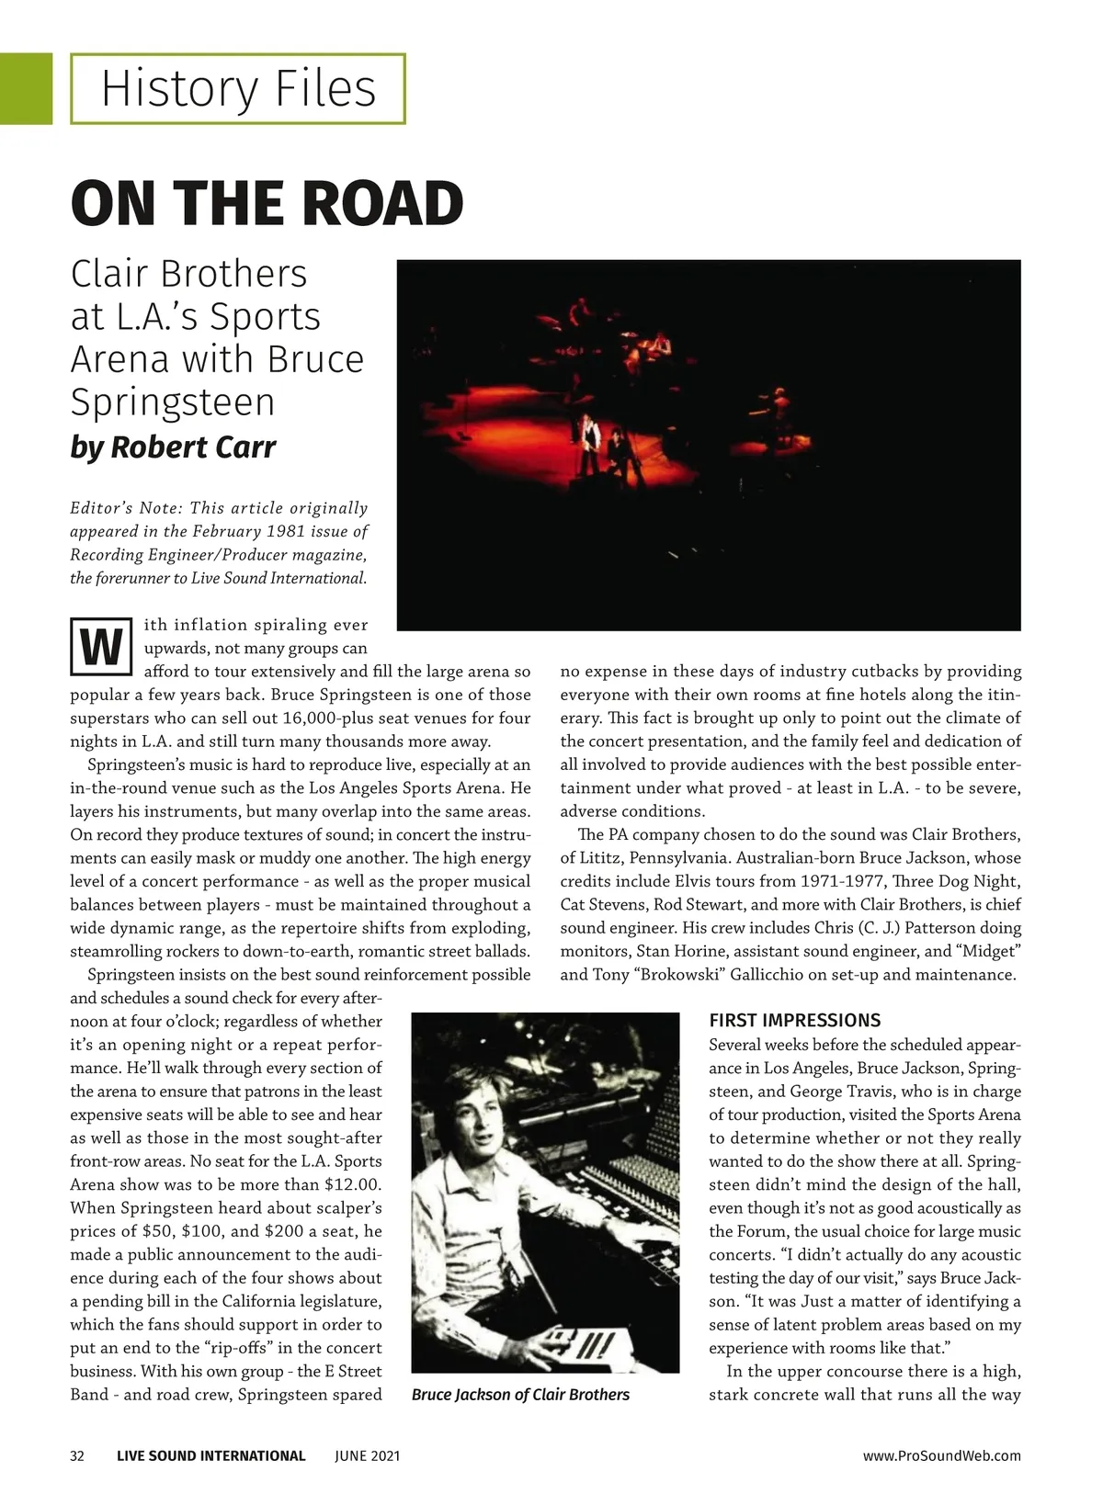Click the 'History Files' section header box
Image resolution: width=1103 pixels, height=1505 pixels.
[238, 89]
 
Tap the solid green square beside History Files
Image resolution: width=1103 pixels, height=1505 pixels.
[26, 88]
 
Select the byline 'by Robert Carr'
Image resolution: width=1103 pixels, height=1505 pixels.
[173, 447]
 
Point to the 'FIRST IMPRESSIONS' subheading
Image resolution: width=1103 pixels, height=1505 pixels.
[794, 1020]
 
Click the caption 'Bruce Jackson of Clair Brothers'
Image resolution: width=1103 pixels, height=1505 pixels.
[520, 1394]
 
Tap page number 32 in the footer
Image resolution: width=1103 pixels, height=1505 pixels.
[77, 1455]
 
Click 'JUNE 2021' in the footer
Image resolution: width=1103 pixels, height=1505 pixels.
[367, 1455]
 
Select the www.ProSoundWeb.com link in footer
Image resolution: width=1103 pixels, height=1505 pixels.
[941, 1455]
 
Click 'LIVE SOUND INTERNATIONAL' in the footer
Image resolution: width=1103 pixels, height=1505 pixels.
[210, 1455]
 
